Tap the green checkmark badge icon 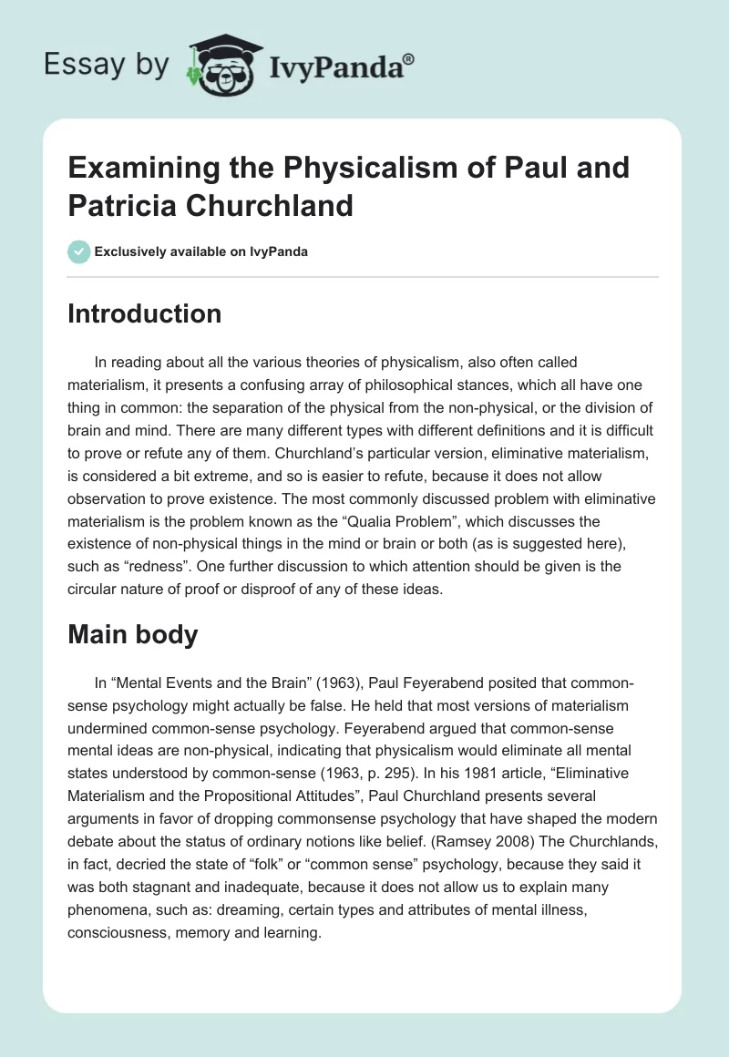[x=79, y=251]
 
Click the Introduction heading [x=144, y=313]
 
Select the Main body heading [x=133, y=634]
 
